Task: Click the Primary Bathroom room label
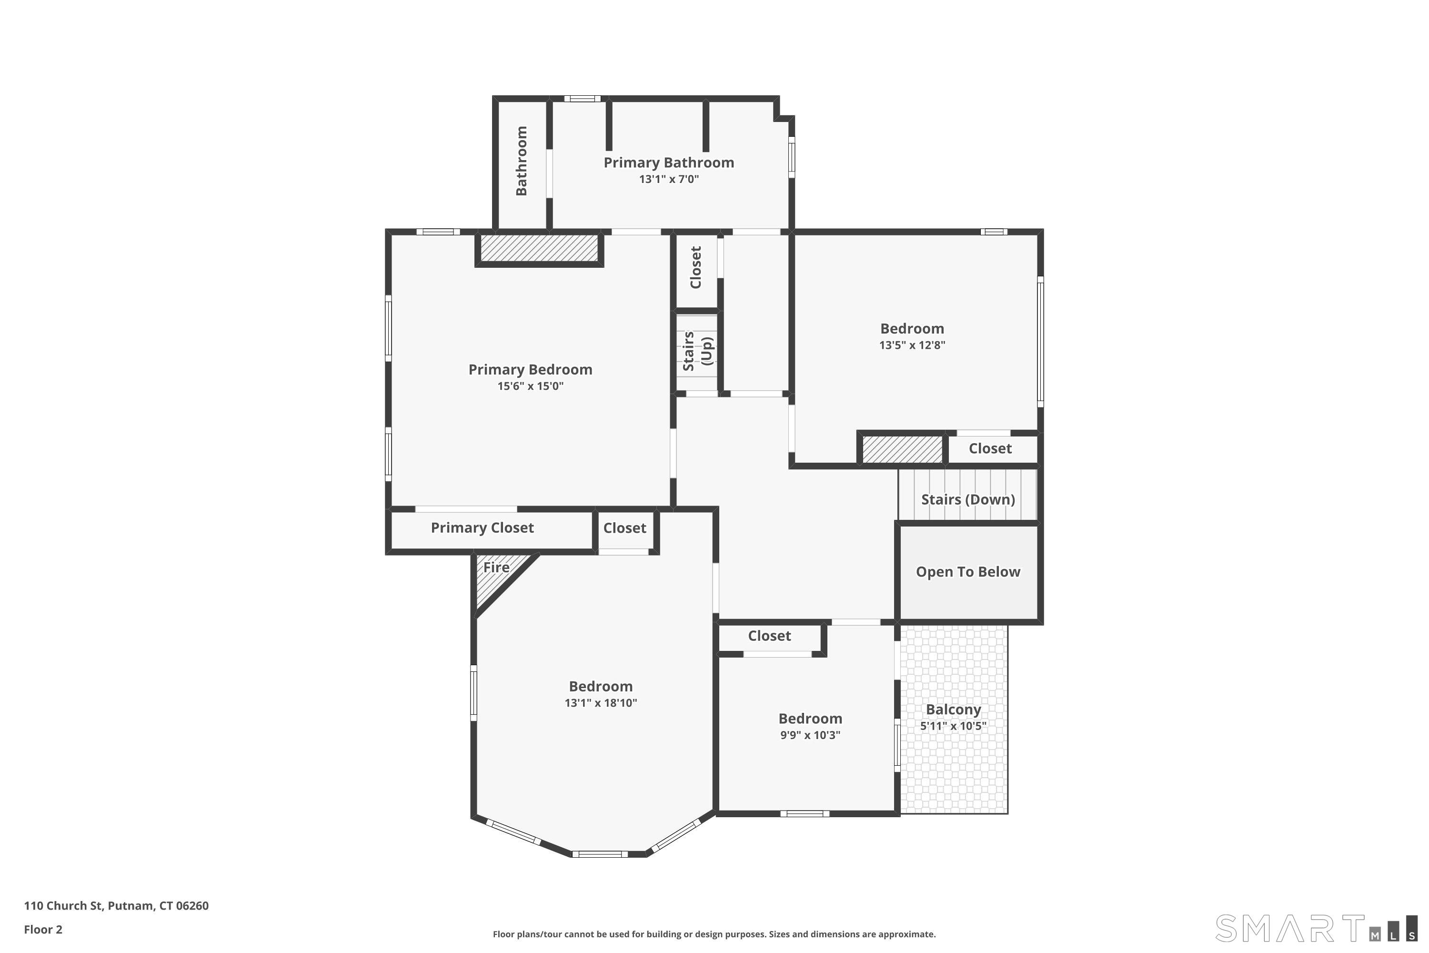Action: pos(668,163)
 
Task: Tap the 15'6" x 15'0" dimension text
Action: pos(531,386)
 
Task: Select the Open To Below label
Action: pos(968,572)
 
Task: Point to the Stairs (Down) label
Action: pos(968,499)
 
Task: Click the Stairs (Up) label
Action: pos(697,351)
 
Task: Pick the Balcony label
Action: pos(953,710)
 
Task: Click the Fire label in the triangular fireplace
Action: pos(496,567)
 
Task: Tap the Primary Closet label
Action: pos(483,527)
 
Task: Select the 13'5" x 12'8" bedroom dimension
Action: pos(912,345)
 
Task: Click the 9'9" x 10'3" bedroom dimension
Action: pos(810,735)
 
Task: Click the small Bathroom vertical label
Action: pos(521,161)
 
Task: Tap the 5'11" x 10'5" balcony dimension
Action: pos(953,726)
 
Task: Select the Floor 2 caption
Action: pos(43,929)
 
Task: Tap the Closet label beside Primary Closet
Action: pos(624,527)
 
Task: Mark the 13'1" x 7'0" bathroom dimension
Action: pos(668,179)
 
